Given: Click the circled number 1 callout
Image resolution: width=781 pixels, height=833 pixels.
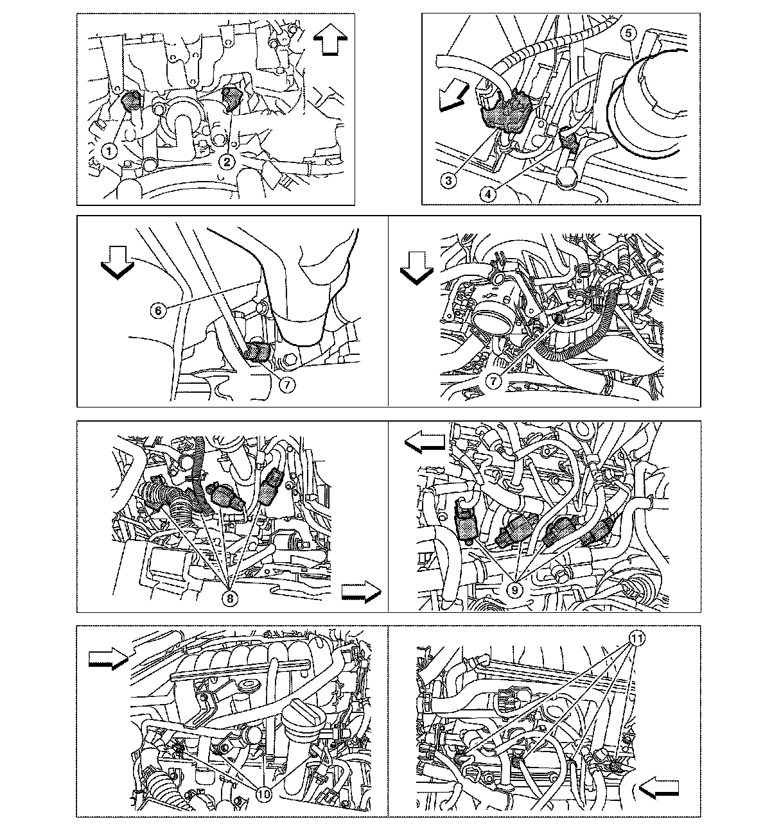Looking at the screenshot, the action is [x=110, y=151].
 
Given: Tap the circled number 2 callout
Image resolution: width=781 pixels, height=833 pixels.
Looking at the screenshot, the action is [x=227, y=162].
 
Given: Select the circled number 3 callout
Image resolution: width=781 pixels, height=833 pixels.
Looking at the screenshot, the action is [x=448, y=180].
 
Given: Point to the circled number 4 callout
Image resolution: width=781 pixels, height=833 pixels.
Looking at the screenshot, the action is [x=488, y=194].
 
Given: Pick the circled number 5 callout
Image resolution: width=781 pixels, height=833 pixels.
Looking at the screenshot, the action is [x=629, y=33].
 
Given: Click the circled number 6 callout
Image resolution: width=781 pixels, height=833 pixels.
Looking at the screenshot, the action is [x=158, y=311].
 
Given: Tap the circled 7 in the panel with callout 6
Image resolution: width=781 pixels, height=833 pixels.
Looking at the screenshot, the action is [x=287, y=384].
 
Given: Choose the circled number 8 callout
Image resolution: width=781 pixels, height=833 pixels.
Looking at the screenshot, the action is [x=230, y=598].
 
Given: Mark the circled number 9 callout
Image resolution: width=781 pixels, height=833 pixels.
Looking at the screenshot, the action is [x=515, y=590].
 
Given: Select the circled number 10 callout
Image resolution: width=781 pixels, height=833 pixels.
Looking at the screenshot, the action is [x=264, y=794].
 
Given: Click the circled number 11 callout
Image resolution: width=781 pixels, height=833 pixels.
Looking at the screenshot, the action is [x=637, y=639].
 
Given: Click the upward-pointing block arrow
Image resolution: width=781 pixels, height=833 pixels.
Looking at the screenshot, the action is [x=331, y=39].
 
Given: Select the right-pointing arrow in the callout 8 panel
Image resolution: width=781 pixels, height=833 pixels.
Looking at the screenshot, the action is [x=361, y=592].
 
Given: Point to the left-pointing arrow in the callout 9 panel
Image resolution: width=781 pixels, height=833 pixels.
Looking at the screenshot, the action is [x=425, y=443].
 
